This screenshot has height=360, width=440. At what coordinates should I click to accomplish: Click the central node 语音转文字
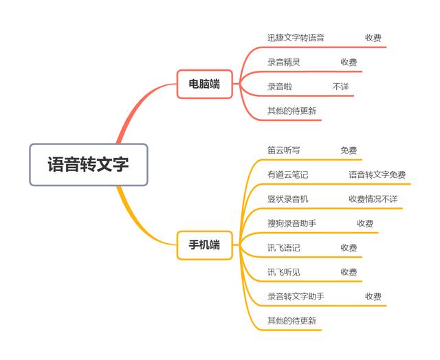click(x=88, y=165)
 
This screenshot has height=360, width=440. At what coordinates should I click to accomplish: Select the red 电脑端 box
click(x=204, y=84)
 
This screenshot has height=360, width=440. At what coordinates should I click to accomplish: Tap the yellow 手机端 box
click(x=204, y=245)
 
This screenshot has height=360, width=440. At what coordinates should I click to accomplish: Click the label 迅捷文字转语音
click(x=296, y=38)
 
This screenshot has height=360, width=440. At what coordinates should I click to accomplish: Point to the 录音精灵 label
click(x=283, y=63)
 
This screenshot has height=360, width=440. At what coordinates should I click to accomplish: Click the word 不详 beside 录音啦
click(x=340, y=87)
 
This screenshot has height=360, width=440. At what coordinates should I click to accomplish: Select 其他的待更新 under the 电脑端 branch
click(x=291, y=111)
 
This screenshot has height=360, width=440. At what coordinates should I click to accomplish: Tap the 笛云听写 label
click(x=283, y=150)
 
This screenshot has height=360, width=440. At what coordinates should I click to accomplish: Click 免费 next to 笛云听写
click(x=349, y=150)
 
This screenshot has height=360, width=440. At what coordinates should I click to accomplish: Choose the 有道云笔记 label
click(x=287, y=175)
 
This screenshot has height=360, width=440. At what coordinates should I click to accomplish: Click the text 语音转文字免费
click(x=377, y=175)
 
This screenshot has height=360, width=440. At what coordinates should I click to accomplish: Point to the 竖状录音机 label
click(x=287, y=199)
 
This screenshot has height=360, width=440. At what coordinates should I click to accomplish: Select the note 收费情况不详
click(x=373, y=199)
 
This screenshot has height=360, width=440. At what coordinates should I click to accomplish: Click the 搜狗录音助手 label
click(x=291, y=223)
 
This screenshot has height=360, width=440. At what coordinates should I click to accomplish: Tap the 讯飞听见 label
click(x=283, y=272)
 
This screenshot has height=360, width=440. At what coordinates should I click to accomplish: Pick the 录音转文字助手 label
click(x=296, y=296)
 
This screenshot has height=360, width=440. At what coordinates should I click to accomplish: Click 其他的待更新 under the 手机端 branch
click(x=291, y=321)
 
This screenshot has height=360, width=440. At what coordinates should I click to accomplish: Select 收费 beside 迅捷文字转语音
click(x=373, y=38)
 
